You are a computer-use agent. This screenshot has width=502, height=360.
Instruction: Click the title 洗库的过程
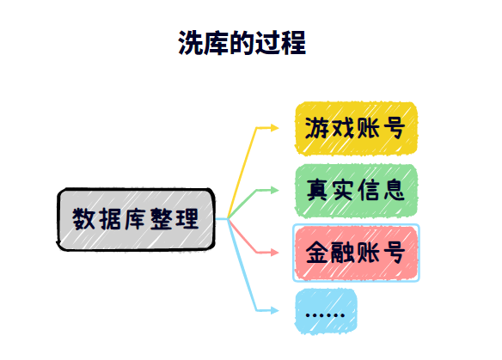click(x=242, y=43)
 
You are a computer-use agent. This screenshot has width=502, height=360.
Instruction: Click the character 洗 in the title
click(x=190, y=43)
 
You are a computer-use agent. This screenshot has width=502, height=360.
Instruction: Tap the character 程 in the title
click(x=294, y=43)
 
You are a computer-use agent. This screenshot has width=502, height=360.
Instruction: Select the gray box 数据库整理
click(x=136, y=219)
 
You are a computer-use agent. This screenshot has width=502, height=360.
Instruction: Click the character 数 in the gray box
click(x=83, y=219)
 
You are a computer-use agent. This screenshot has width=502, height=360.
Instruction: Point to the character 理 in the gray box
click(x=187, y=219)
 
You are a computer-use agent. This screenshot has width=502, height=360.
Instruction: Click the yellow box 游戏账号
click(x=356, y=128)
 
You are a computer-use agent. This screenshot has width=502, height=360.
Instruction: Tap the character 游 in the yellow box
click(x=317, y=128)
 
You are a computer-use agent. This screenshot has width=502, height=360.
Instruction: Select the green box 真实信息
click(x=356, y=191)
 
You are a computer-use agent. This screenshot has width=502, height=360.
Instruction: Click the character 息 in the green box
click(x=394, y=190)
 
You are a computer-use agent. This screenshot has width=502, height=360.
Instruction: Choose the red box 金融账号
click(x=356, y=253)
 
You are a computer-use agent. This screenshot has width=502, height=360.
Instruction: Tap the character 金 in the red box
click(x=317, y=253)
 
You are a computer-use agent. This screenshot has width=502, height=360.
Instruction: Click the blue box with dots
click(x=326, y=311)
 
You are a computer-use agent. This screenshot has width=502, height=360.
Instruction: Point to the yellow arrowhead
click(x=275, y=128)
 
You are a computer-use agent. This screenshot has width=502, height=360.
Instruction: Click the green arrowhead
click(x=275, y=191)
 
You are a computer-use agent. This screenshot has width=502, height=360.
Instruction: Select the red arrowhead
click(x=275, y=253)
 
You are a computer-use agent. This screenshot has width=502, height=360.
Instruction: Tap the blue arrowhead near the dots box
click(x=275, y=310)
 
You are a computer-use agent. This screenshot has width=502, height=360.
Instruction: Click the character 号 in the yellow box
click(x=394, y=128)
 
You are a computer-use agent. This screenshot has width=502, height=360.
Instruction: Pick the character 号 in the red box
click(x=394, y=253)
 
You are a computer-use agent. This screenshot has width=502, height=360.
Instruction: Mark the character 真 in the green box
click(x=317, y=190)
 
